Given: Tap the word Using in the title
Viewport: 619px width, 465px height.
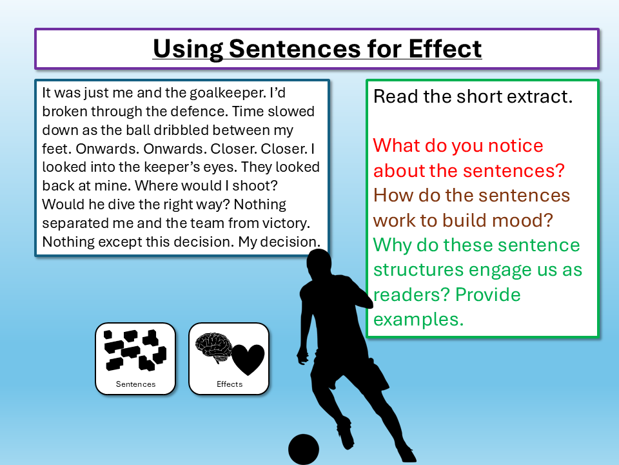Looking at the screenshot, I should point(188,48).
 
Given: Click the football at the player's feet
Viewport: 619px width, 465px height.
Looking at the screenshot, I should point(304,449).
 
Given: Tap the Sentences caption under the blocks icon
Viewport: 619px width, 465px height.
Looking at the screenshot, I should point(135,384).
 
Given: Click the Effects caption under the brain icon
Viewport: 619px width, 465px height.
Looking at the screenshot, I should point(230,384).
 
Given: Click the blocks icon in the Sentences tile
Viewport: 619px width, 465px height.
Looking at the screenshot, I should point(135,350).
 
